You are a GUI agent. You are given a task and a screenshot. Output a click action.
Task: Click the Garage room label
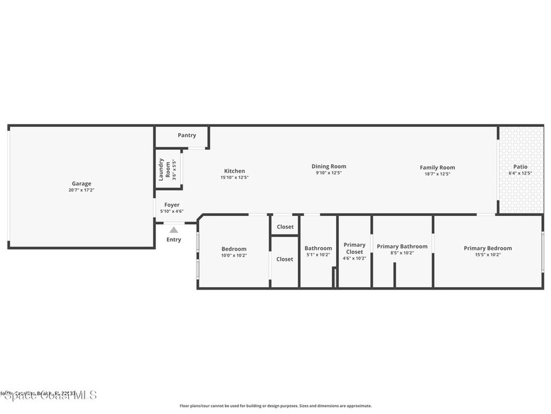tap(82, 184)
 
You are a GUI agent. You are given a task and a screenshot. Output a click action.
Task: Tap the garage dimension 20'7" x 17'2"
tap(82, 190)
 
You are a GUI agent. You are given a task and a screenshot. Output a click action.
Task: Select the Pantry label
tap(187, 135)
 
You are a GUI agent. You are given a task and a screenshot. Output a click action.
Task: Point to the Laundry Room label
tap(164, 169)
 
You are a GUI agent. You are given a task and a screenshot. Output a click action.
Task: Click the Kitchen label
tap(235, 171)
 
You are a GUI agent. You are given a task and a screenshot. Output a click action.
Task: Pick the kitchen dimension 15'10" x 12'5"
tap(235, 177)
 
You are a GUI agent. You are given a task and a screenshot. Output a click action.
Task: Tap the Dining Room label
tap(329, 167)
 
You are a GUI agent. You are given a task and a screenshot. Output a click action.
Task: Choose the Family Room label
tap(437, 168)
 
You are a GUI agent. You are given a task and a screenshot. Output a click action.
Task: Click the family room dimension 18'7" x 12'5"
tap(437, 174)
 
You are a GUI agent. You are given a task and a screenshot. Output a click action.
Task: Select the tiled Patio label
tap(520, 167)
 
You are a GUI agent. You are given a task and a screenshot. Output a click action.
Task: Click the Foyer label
tap(172, 205)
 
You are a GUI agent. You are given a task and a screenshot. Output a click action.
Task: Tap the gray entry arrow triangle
tap(174, 230)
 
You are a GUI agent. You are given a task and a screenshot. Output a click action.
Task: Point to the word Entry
tap(174, 239)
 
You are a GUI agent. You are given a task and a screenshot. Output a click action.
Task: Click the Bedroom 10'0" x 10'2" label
tap(234, 249)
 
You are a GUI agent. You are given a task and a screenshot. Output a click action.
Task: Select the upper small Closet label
tap(285, 227)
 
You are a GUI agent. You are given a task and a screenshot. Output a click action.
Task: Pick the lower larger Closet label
tap(285, 259)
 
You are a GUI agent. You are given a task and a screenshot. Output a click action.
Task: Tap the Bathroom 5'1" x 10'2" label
tap(318, 249)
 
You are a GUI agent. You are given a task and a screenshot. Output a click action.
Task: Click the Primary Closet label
tap(355, 248)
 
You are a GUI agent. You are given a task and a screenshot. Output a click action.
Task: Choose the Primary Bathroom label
tap(402, 246)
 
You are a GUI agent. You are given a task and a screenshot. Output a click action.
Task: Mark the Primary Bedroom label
tap(488, 249)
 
